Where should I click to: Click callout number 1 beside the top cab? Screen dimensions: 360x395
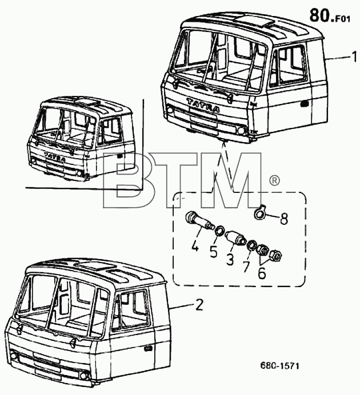coord(354,57)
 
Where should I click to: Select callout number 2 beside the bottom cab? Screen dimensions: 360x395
coord(199,305)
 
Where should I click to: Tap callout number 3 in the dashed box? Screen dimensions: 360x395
coord(230,259)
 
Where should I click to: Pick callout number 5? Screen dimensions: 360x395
coord(213,252)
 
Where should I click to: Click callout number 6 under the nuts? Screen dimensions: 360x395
coord(262,273)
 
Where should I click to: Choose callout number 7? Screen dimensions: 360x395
coord(246,267)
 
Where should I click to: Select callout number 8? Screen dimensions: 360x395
coord(284,219)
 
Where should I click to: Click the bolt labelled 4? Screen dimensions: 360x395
coord(199,221)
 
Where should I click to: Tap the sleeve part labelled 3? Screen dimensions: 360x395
coord(235,237)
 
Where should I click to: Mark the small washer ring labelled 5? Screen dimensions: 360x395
coord(219,231)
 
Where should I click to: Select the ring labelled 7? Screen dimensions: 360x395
coord(251,245)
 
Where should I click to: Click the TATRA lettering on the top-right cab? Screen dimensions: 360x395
coord(203,106)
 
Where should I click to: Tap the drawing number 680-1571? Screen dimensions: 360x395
coord(279,365)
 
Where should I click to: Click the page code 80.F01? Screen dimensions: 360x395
coord(330,15)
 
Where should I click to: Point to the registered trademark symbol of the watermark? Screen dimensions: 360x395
coord(274,180)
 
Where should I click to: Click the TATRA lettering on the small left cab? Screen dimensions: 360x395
coord(55,157)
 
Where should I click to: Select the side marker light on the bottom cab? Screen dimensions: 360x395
coord(148,348)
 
